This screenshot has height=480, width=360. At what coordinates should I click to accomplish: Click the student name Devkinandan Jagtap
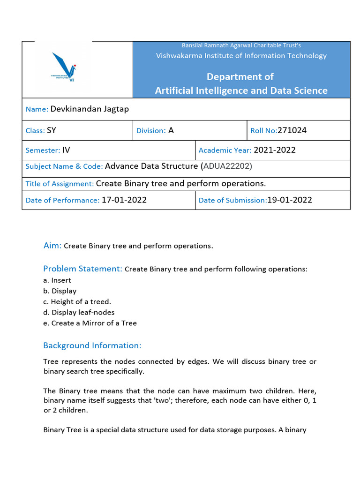tap(89, 109)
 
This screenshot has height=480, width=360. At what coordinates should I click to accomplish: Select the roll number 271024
tap(292, 130)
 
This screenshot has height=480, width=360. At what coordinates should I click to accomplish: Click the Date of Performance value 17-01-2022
tap(124, 200)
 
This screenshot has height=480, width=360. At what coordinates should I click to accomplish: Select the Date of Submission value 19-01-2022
tap(289, 200)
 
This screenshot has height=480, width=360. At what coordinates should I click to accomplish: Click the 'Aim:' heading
tap(52, 246)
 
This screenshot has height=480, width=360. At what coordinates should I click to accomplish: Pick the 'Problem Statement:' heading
tap(82, 269)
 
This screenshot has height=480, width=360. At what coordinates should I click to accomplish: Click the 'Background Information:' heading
tap(92, 345)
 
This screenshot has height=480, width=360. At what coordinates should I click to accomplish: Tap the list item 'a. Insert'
tap(57, 280)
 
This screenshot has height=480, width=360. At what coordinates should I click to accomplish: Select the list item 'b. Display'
tap(60, 291)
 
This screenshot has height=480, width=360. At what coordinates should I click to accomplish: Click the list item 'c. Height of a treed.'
tap(77, 302)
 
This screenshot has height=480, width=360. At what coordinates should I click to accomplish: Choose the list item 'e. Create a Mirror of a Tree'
tap(90, 323)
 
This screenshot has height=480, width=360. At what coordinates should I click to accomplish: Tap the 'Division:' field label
tap(151, 131)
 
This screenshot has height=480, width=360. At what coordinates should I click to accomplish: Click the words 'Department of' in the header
tap(241, 76)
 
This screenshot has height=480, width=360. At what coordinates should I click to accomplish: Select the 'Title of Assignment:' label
tap(60, 184)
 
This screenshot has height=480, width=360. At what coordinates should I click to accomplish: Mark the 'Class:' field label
tap(35, 131)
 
